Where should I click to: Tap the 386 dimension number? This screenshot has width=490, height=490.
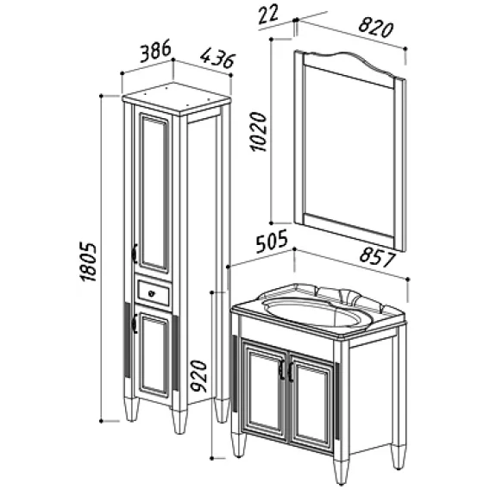(x=155, y=51)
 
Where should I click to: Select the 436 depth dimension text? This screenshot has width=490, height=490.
(x=217, y=58)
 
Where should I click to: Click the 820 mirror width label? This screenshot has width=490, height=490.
(x=375, y=27)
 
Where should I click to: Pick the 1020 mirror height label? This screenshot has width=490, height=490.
(x=258, y=132)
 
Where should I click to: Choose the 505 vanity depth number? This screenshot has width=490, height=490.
(x=272, y=242)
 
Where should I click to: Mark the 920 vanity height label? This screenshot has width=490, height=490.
(x=199, y=376)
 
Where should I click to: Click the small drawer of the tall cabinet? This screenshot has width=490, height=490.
(x=154, y=293)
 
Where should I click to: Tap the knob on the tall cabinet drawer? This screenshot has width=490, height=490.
(x=151, y=293)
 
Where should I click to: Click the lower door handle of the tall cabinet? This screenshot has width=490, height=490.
(x=134, y=324)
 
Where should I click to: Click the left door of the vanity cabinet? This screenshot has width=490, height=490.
(x=264, y=391)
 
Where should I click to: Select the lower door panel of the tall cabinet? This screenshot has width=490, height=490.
(x=154, y=355)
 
